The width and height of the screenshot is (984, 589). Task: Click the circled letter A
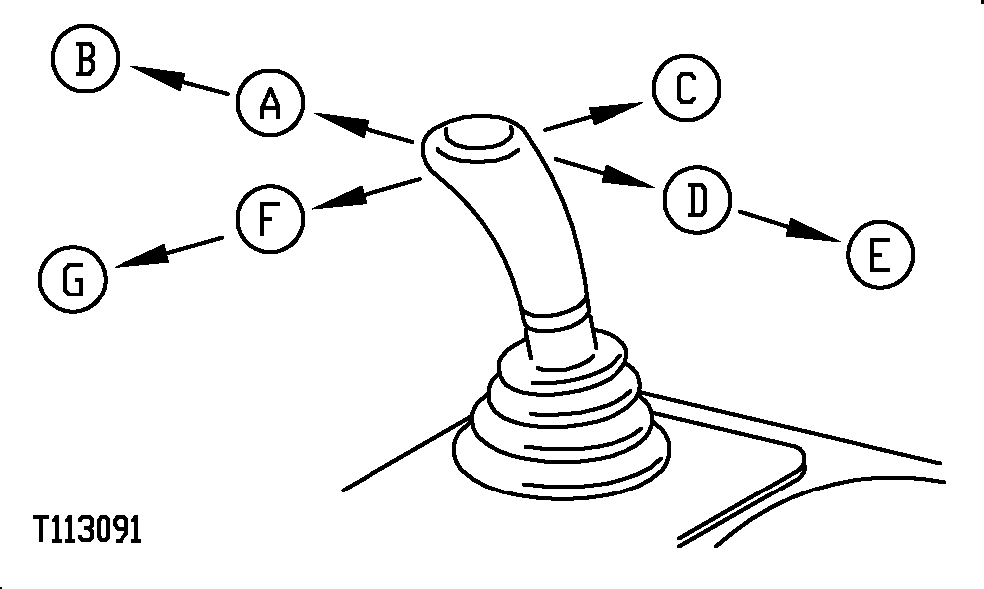(271, 102)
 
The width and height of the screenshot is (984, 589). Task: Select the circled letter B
(85, 59)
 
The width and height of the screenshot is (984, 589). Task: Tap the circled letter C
(686, 88)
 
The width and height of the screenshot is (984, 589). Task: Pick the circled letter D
(698, 200)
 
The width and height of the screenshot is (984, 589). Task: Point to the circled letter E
(880, 255)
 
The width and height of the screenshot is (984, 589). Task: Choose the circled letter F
(271, 219)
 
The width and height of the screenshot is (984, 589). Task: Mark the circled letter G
(73, 280)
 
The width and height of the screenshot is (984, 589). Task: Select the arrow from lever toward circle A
(364, 127)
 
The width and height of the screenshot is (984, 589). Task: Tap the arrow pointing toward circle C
(594, 116)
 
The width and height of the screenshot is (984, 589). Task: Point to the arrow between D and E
(790, 226)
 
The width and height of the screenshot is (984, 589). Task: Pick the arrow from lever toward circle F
(366, 193)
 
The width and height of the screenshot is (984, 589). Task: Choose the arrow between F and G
(168, 252)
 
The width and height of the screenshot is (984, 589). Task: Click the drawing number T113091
(88, 530)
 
